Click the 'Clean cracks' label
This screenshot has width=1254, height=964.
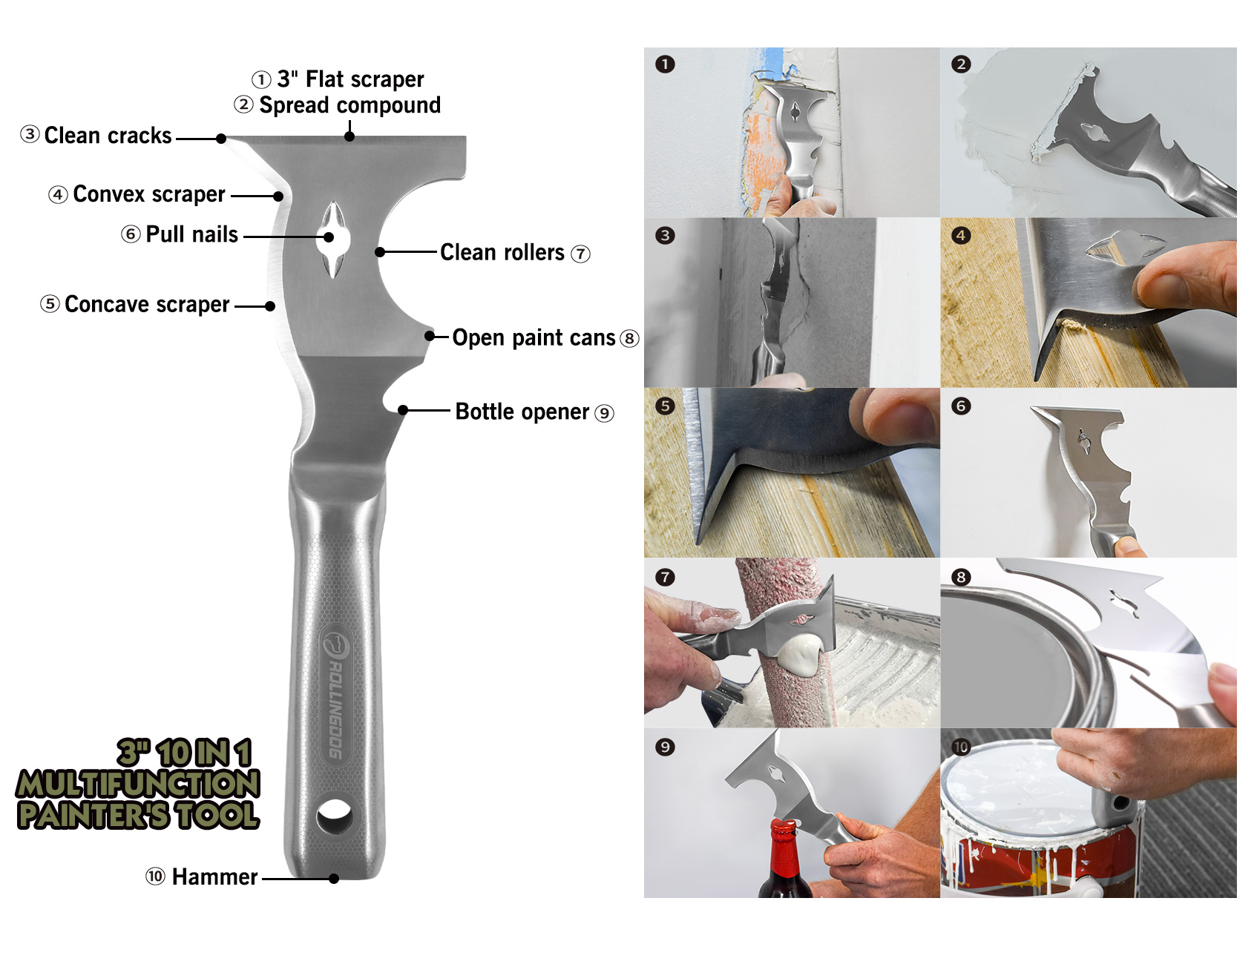click(108, 136)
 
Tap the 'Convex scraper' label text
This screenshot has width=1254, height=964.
click(148, 194)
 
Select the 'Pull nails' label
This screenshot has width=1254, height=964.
click(191, 234)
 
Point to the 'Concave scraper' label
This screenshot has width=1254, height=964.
click(147, 304)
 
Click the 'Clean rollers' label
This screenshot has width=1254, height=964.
click(502, 252)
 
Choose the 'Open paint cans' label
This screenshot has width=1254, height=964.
click(534, 338)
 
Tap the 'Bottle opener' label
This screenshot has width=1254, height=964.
click(522, 412)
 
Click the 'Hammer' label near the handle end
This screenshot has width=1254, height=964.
click(214, 877)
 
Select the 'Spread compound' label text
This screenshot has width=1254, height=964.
click(349, 105)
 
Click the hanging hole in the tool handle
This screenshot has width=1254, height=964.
click(334, 816)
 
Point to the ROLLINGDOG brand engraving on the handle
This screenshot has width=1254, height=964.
click(335, 694)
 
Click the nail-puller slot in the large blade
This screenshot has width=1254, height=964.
click(332, 240)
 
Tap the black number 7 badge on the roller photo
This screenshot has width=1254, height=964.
click(665, 577)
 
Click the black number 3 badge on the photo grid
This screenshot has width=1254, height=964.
click(665, 236)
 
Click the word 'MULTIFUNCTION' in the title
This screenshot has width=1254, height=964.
click(139, 784)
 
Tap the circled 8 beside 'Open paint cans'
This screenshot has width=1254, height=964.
click(629, 339)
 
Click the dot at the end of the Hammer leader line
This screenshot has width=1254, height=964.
click(334, 879)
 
